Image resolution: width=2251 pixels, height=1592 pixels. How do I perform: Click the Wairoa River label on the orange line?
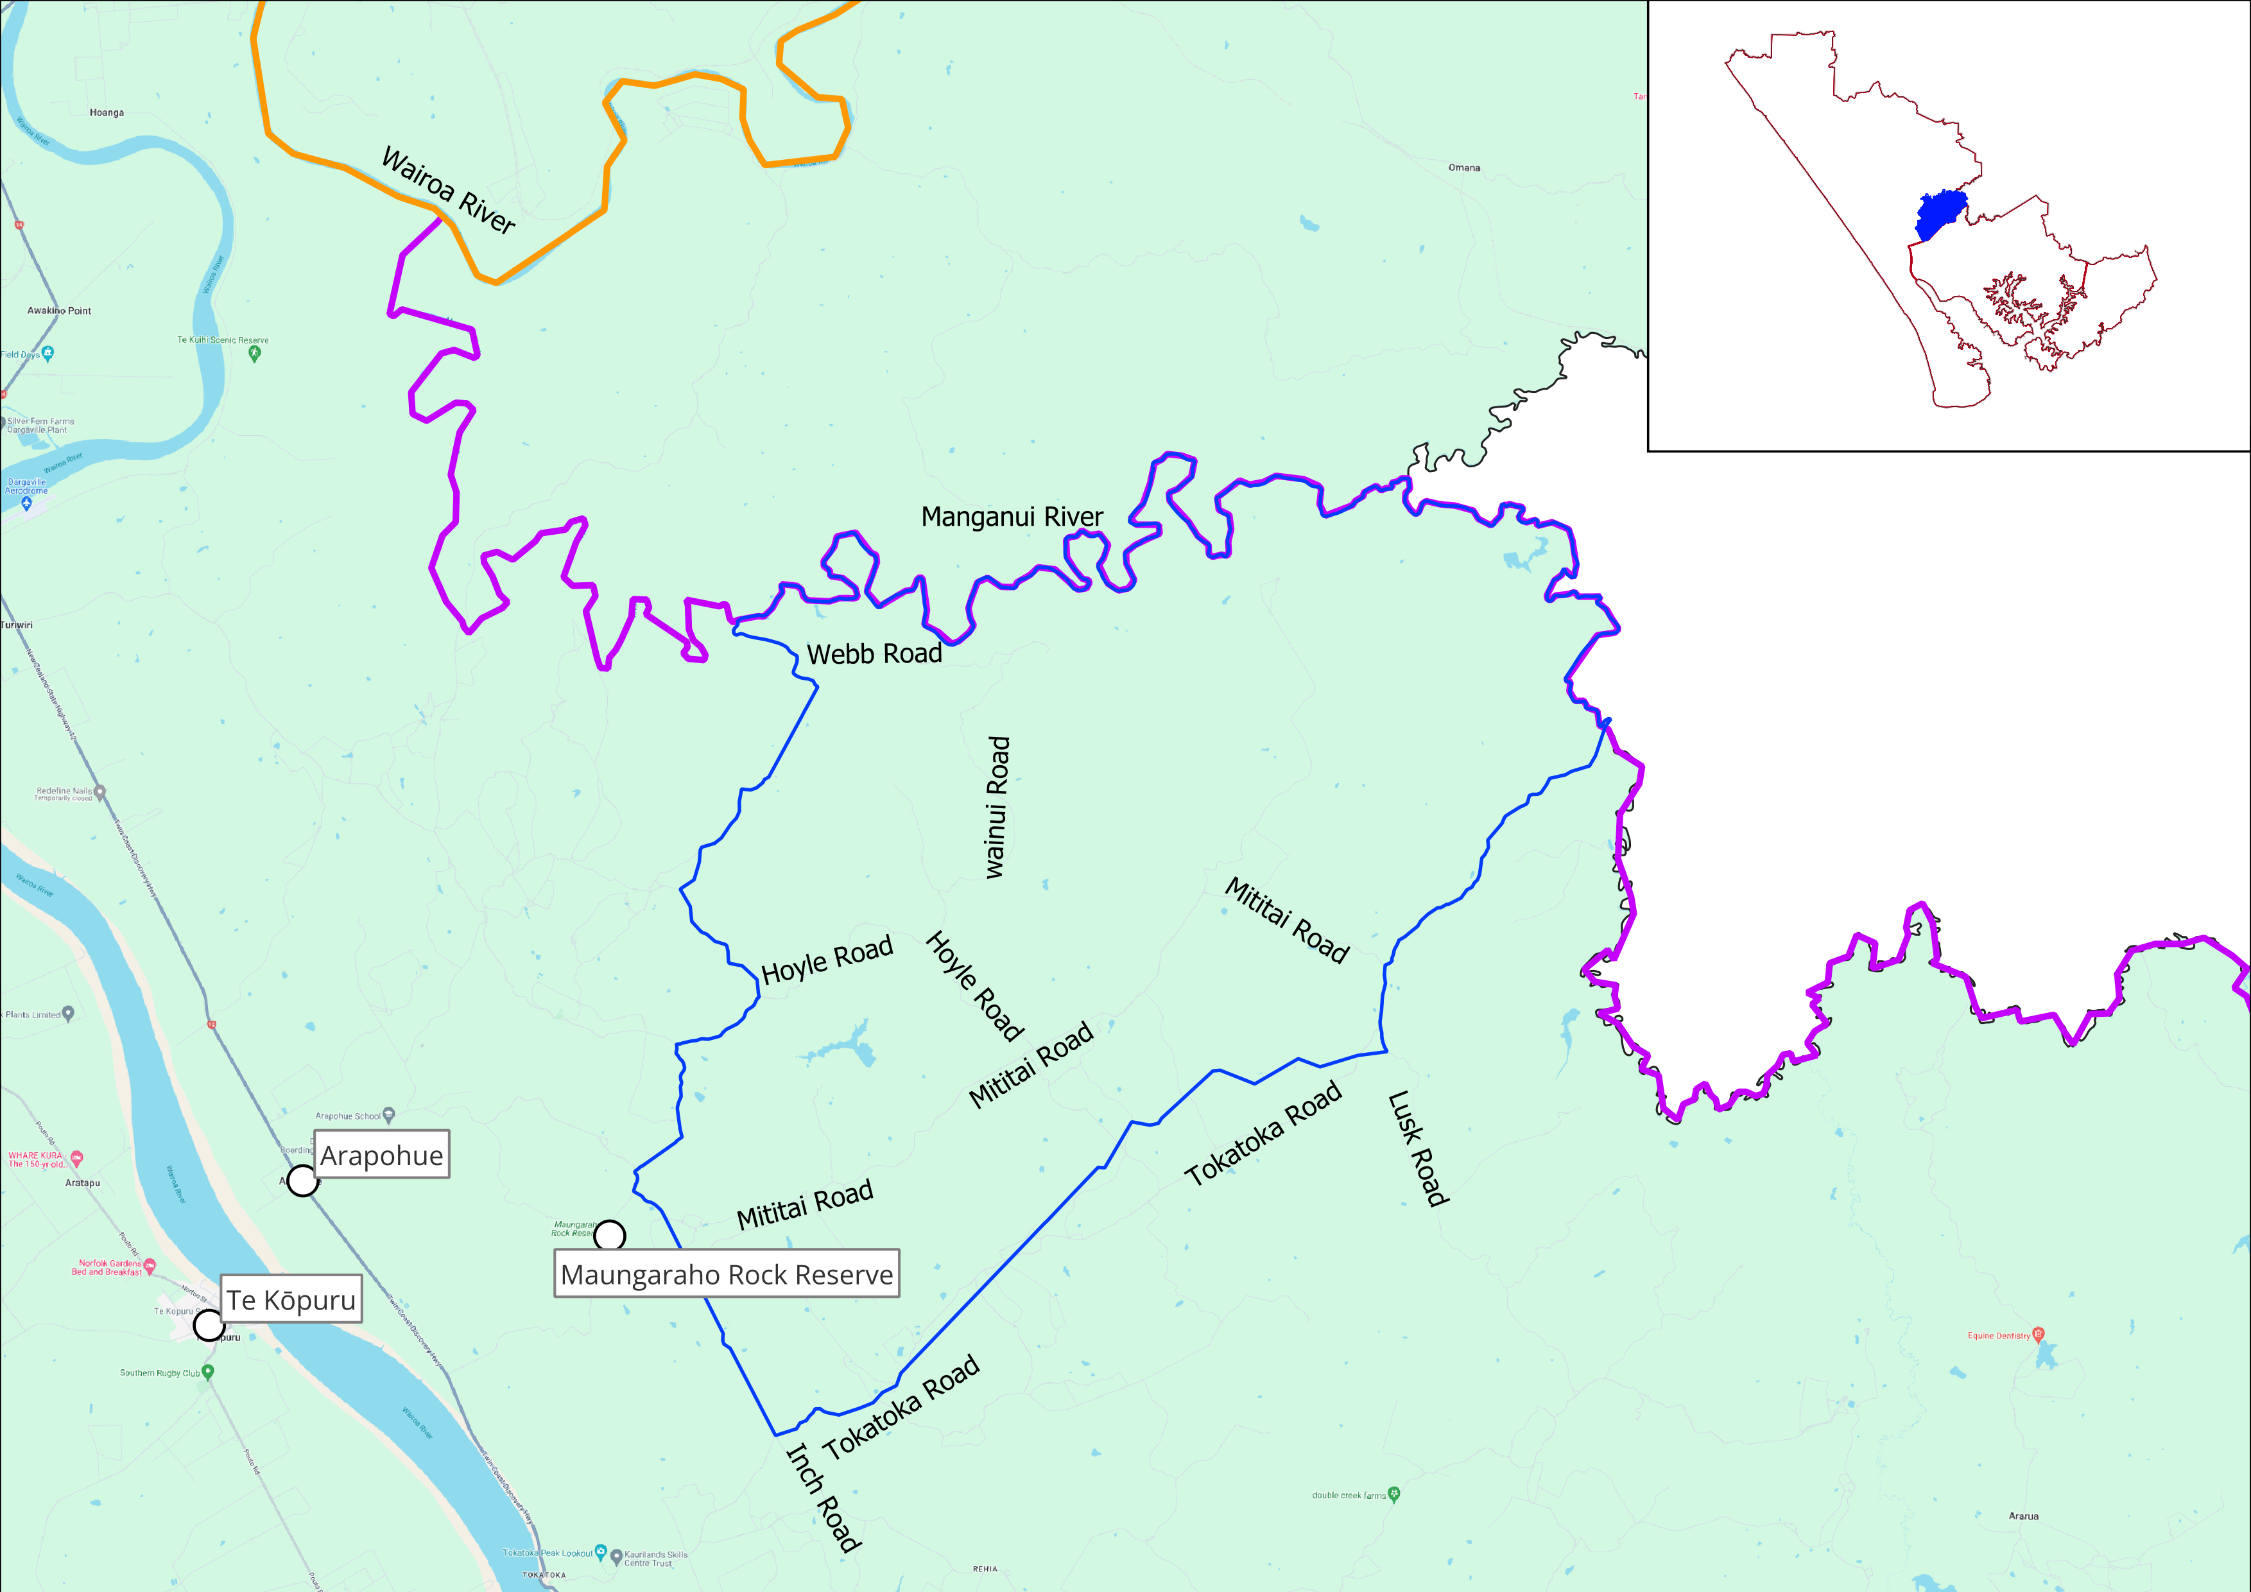click(448, 190)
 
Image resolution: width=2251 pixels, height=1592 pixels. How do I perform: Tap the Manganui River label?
click(1012, 517)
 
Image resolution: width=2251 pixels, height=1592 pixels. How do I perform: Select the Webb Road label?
click(874, 654)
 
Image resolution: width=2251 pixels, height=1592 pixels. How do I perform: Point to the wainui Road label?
click(996, 807)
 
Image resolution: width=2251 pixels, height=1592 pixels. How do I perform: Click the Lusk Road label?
click(1418, 1148)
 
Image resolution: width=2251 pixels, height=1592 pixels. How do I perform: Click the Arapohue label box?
click(381, 1155)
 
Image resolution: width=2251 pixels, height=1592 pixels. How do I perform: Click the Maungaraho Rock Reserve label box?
click(727, 1274)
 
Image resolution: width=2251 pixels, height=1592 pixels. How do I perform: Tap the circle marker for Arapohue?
click(302, 1181)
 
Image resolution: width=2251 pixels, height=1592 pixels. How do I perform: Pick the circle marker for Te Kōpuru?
click(208, 1326)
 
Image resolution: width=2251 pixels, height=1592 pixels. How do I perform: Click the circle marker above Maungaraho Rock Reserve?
click(610, 1235)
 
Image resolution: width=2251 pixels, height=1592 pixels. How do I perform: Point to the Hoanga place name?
click(106, 113)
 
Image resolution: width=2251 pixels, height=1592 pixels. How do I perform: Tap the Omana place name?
click(1463, 168)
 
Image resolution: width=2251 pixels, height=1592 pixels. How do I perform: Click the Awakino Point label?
click(59, 311)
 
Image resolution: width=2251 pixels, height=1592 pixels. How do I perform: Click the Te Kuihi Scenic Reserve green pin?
click(255, 354)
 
